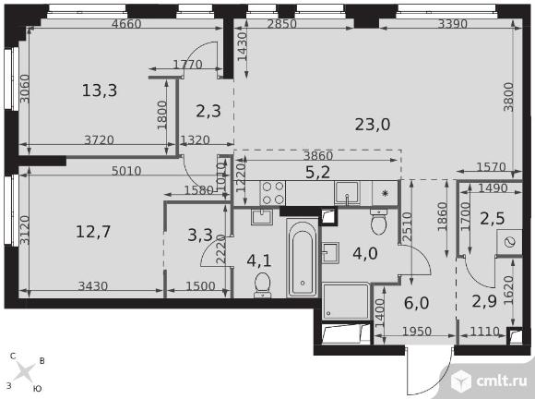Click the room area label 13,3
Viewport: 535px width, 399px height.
point(100,91)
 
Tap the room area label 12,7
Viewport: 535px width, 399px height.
point(93,232)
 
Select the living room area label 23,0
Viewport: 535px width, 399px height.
point(373,125)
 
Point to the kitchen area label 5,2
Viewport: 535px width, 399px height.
point(317,172)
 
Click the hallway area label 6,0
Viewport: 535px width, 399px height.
point(417,303)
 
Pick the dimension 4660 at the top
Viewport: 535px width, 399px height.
point(126,24)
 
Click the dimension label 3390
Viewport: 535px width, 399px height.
point(452,24)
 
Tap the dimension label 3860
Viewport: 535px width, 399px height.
point(318,156)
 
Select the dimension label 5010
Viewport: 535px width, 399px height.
point(126,171)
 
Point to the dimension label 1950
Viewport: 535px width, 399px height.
point(417,332)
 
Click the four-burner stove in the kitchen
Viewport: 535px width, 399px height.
point(273,193)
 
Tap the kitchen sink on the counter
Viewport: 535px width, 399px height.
point(347,193)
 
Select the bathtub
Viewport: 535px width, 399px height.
point(303,258)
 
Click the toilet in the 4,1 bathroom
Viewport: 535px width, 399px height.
point(262,284)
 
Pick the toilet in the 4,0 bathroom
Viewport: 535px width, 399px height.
point(378,222)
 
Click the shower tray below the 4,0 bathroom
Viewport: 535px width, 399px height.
point(346,301)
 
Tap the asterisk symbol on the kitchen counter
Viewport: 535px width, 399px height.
point(385,194)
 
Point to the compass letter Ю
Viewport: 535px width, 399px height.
point(38,389)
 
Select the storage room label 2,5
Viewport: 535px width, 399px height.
point(492,219)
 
